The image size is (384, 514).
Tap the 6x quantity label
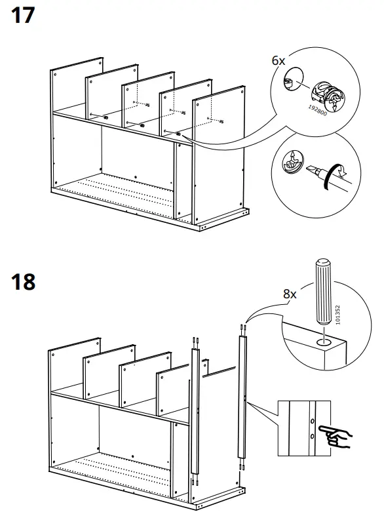pyautogui.click(x=278, y=60)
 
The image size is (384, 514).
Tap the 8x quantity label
pyautogui.click(x=290, y=294)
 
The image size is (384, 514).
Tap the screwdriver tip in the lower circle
pyautogui.click(x=313, y=173)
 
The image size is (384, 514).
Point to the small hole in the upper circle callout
pyautogui.click(x=289, y=81)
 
